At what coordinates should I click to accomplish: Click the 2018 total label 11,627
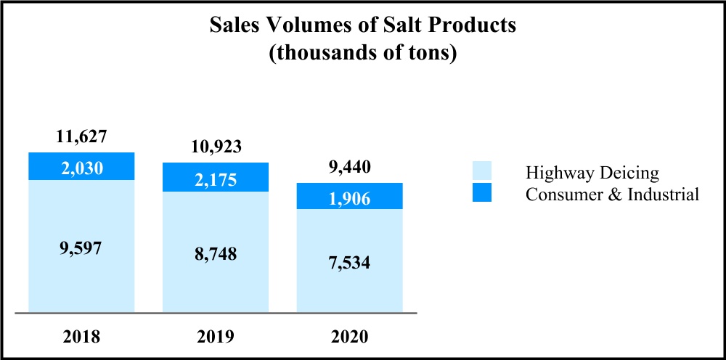point(82,136)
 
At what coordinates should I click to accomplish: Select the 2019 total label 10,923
point(215,147)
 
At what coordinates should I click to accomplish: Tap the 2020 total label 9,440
point(349,168)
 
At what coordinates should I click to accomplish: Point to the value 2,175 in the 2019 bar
point(216,180)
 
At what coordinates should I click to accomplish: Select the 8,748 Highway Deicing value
point(216,254)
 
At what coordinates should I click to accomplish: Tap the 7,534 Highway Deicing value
point(349,262)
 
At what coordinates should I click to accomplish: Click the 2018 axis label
point(82,337)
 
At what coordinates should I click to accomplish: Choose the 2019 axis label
point(216,337)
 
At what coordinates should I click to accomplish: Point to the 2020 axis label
point(349,337)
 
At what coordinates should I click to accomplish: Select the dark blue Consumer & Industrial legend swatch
point(481,193)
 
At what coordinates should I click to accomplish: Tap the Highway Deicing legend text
point(592,173)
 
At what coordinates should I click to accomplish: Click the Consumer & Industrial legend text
point(612,194)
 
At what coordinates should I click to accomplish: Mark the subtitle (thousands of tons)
point(363,54)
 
